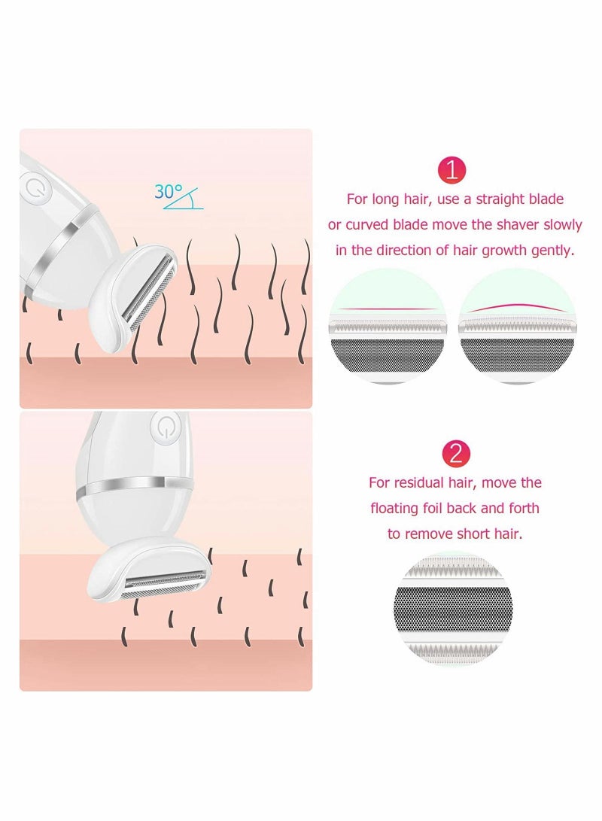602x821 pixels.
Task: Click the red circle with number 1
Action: click(x=451, y=169)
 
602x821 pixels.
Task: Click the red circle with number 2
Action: click(x=455, y=453)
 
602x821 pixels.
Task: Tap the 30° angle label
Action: click(x=169, y=192)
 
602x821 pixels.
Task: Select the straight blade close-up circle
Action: click(x=388, y=326)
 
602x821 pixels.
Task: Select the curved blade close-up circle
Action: click(x=517, y=326)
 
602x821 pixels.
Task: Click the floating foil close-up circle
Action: click(x=453, y=609)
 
